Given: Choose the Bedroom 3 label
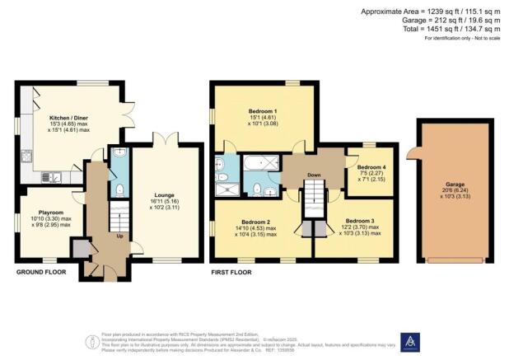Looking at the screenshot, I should tap(360, 221).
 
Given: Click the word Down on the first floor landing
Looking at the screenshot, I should tap(314, 175).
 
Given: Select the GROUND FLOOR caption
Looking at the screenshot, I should tap(40, 271).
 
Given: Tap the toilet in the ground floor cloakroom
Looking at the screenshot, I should tap(119, 189).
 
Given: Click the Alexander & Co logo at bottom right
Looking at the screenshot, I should tap(409, 342).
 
